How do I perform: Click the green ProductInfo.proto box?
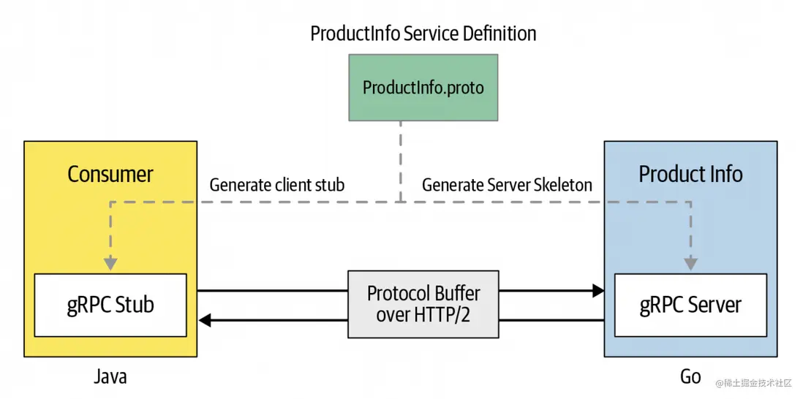[x=423, y=88]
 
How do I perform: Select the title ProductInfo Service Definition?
[x=423, y=34]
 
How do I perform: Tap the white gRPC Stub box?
[x=110, y=305]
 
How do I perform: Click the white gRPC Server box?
[x=690, y=305]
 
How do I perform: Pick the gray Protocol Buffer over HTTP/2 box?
[x=423, y=304]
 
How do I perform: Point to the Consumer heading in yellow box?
[x=110, y=174]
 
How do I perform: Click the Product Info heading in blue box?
[x=690, y=174]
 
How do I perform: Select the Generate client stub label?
[x=276, y=185]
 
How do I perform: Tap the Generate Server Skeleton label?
[x=507, y=185]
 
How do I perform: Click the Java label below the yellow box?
[x=110, y=376]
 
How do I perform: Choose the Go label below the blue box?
[x=690, y=376]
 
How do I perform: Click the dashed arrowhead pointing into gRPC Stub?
[x=110, y=264]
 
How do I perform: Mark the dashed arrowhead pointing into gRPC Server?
[x=690, y=264]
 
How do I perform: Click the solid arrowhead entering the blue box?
[x=597, y=291]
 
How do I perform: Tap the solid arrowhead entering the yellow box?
[x=205, y=320]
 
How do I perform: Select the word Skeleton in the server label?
[x=560, y=185]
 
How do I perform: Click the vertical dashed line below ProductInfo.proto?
[x=401, y=161]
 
